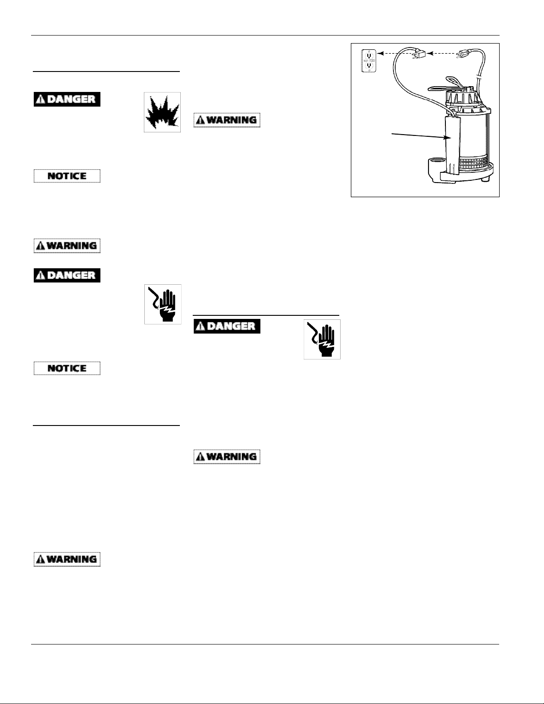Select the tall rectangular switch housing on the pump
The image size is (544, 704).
click(x=452, y=147)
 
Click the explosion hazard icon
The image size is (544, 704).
click(x=162, y=112)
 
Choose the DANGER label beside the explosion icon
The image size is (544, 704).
click(x=67, y=99)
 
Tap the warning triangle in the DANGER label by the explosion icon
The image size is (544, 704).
click(x=40, y=99)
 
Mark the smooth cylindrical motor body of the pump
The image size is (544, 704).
click(x=473, y=133)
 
